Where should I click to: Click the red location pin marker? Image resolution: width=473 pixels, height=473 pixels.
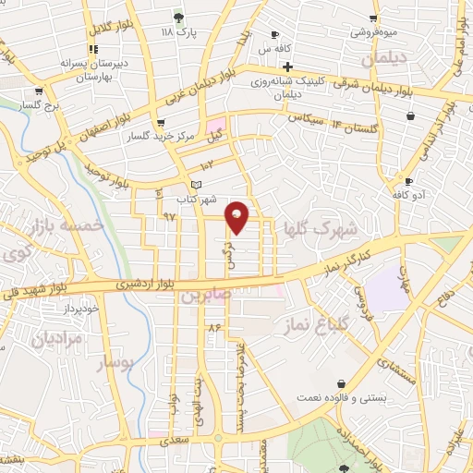pyautogui.click(x=238, y=216)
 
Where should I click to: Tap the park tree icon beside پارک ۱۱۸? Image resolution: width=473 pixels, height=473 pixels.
pyautogui.click(x=178, y=18)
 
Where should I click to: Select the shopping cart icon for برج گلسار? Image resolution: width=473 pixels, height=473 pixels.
pyautogui.click(x=39, y=91)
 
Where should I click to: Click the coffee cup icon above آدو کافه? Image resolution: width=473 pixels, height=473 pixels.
pyautogui.click(x=408, y=181)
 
